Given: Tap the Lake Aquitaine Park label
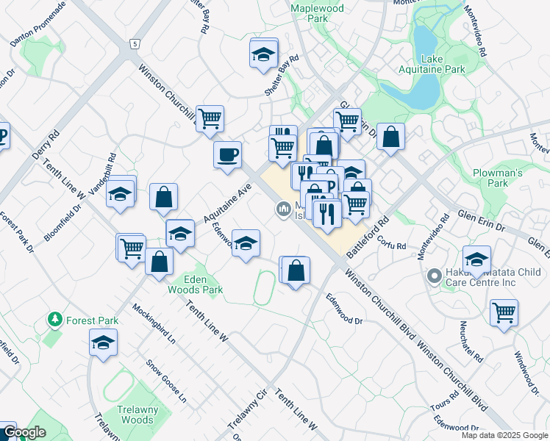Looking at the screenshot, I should (442, 64).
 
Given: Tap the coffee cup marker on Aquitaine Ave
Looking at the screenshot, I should (227, 154).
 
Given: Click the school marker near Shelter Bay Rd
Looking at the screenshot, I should (263, 54).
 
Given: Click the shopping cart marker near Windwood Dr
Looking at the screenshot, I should (504, 312).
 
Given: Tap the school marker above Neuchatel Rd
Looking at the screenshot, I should (476, 259).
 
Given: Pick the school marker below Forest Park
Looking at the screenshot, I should (104, 342).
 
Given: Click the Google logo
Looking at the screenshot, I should (24, 433).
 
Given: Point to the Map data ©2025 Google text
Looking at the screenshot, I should (504, 435).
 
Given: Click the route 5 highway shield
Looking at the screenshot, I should (135, 44).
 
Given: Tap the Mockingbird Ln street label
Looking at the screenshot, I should (154, 323).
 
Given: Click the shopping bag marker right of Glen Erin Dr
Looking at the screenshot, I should (391, 136).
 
